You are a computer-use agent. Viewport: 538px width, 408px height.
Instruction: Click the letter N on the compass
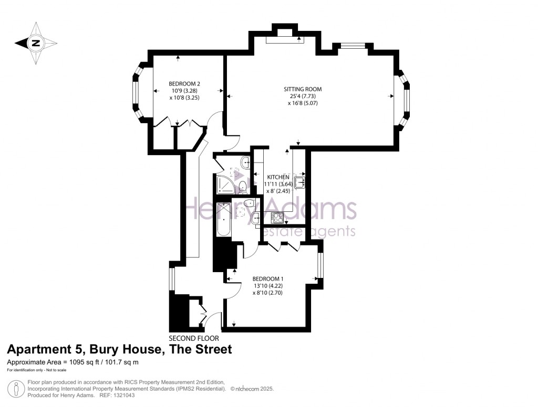pos(36,44)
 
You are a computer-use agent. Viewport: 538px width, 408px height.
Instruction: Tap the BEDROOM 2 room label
pos(184,83)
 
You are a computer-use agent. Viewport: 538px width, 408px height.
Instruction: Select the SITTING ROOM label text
pos(303,89)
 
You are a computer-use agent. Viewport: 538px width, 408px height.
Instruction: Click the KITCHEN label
pos(278,177)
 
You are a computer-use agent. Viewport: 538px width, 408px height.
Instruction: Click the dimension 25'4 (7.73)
pos(303,96)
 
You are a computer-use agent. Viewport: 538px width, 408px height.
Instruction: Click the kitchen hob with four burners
pos(277,217)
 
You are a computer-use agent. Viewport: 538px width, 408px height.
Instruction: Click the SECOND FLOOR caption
pos(194,338)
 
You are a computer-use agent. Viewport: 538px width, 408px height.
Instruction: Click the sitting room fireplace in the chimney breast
pos(284,38)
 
